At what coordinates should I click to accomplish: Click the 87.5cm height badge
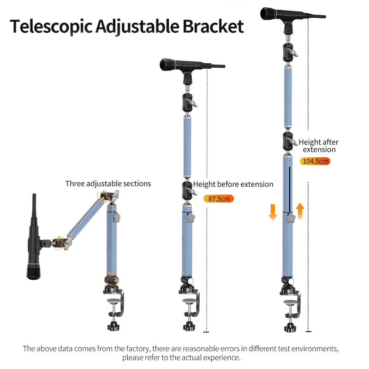click(219, 199)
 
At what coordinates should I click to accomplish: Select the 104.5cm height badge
click(315, 161)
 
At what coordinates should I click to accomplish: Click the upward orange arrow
click(300, 211)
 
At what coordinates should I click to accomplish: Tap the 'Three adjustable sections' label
click(108, 184)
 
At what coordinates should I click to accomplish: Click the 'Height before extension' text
click(233, 184)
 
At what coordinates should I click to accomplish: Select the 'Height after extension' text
click(319, 146)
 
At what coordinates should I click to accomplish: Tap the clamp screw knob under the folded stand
click(113, 326)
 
